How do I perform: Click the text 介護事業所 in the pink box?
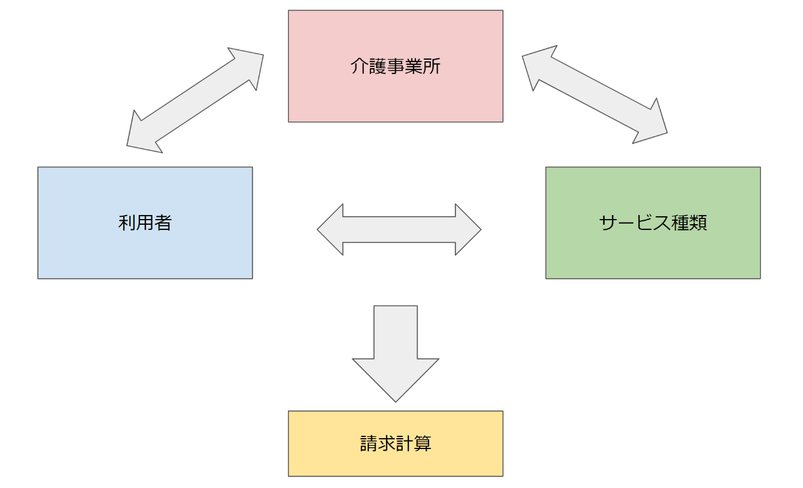[x=395, y=67]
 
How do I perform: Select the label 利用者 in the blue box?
[x=145, y=222]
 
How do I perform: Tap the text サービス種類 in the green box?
[x=653, y=222]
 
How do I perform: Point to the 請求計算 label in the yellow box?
[x=395, y=443]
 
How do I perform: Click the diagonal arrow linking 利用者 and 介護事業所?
[x=195, y=100]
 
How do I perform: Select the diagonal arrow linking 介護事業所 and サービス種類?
[x=594, y=95]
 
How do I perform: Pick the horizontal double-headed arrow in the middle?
[x=399, y=229]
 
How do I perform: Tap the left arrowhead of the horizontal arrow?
[x=330, y=229]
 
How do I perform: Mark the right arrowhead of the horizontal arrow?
[x=468, y=229]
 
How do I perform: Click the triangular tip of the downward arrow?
[x=395, y=401]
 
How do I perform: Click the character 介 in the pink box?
[x=359, y=67]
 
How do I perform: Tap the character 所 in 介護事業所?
[x=431, y=67]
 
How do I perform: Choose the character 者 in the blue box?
[x=163, y=222]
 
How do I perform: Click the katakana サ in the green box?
[x=608, y=222]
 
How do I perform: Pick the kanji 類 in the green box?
[x=699, y=222]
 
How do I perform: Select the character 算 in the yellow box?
[x=423, y=443]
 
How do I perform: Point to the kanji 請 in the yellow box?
[x=368, y=443]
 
